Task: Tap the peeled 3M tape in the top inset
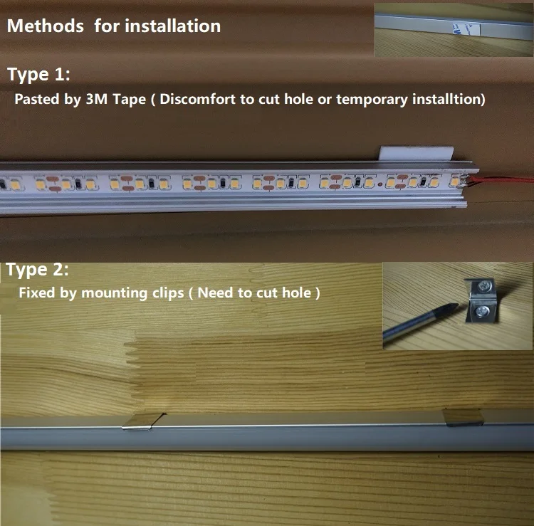coord(464,27)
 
